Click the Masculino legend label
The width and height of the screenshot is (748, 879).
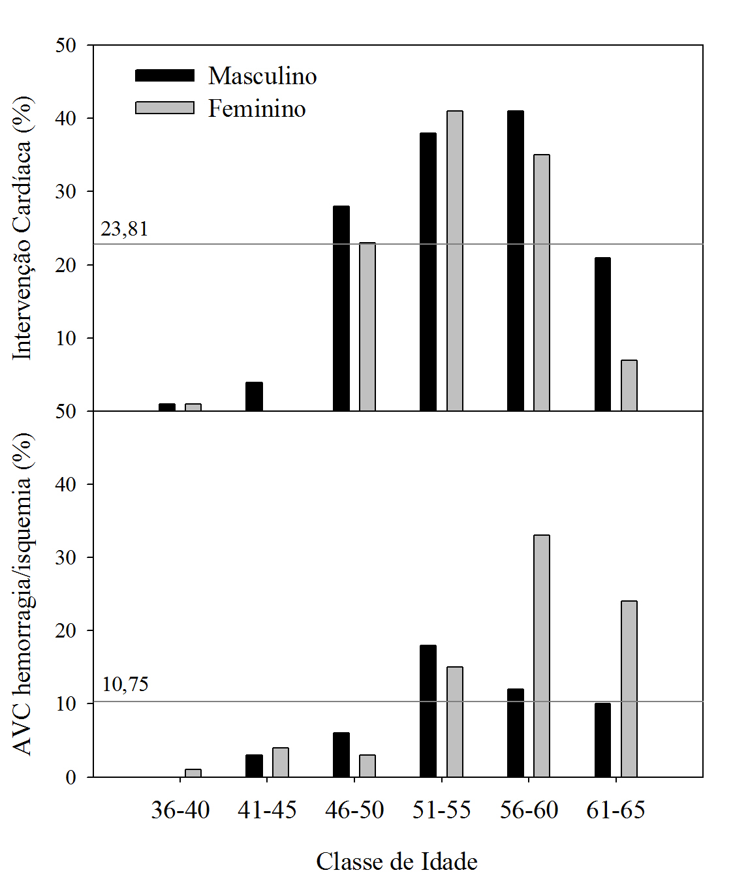(x=262, y=76)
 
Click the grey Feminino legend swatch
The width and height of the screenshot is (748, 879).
(x=164, y=108)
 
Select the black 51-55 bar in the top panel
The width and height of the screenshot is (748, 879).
(x=428, y=271)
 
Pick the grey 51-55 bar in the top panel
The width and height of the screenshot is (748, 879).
(x=455, y=261)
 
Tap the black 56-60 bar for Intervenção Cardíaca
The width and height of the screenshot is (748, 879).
(x=516, y=261)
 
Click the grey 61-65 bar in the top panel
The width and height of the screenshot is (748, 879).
(x=629, y=386)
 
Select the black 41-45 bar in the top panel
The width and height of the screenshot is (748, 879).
(x=255, y=397)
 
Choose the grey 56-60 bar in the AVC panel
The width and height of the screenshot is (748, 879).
(x=542, y=656)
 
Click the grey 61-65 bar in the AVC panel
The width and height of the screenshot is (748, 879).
(x=629, y=688)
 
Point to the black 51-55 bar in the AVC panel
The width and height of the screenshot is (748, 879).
(x=428, y=711)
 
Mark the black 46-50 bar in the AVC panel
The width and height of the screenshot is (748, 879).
(x=341, y=754)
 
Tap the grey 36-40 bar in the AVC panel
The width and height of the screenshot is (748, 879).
(x=193, y=773)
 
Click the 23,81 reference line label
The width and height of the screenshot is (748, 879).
(x=125, y=229)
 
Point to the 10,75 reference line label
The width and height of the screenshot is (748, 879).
(x=125, y=684)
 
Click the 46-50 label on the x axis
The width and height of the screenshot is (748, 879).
(x=354, y=810)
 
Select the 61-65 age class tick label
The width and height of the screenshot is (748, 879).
(x=616, y=810)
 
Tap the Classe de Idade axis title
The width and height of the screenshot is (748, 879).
(x=397, y=861)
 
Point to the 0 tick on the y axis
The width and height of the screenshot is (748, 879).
(x=70, y=778)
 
